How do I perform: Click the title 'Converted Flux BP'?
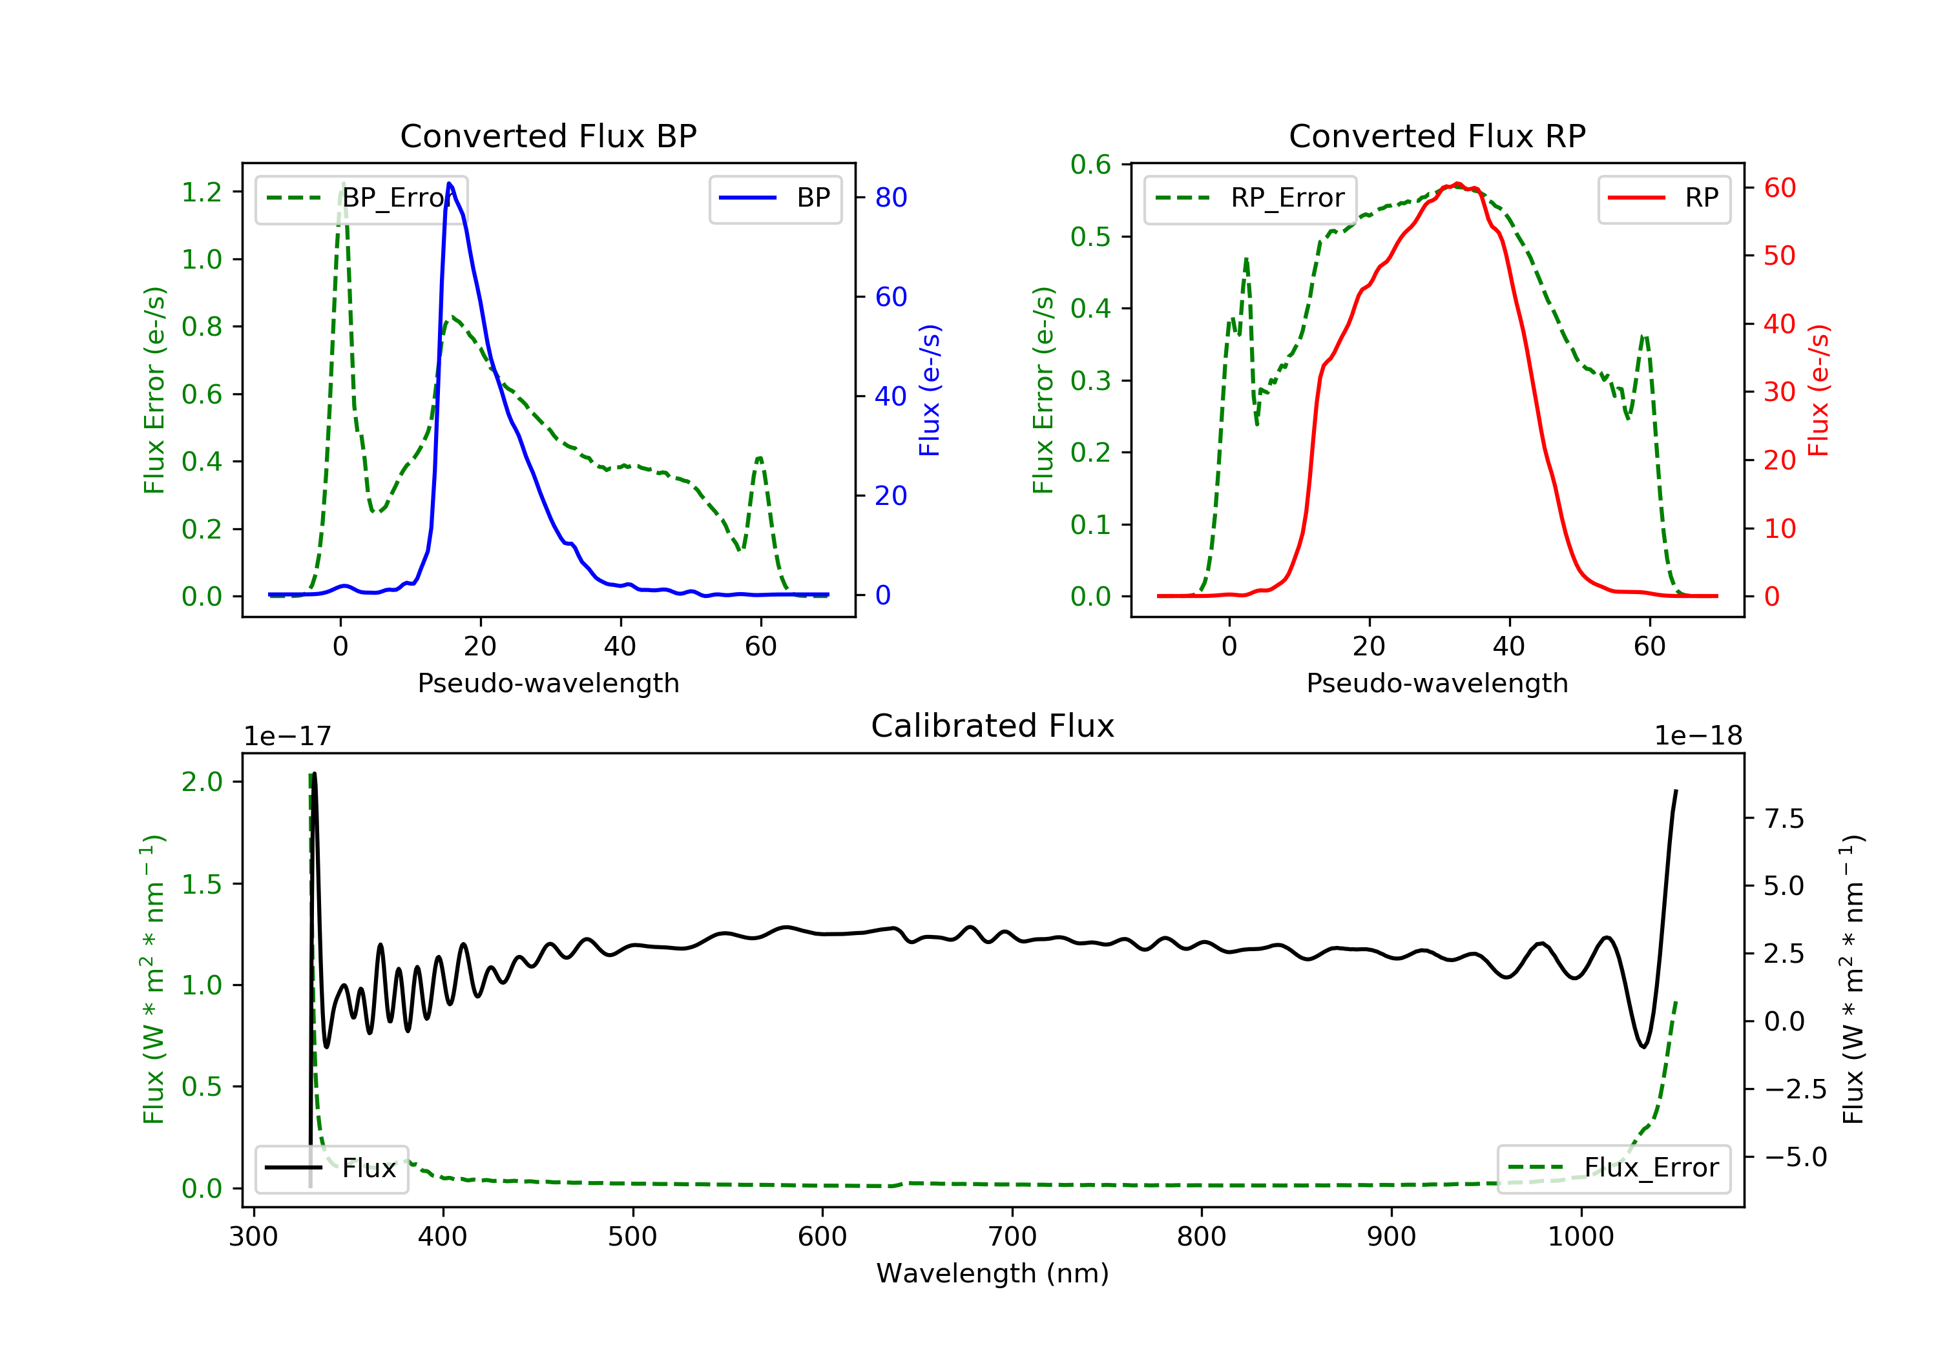[x=548, y=136]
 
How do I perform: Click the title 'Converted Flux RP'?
[x=1437, y=136]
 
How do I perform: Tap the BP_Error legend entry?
[x=361, y=198]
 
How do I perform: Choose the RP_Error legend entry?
[x=1250, y=198]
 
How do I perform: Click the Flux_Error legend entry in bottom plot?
[x=1613, y=1168]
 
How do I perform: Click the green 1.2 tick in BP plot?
[x=202, y=192]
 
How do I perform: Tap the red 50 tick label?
[x=1779, y=256]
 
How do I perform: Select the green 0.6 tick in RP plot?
[x=1090, y=165]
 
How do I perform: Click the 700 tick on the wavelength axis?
[x=1012, y=1237]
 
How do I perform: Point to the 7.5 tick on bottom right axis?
[x=1784, y=819]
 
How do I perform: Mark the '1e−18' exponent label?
[x=1698, y=737]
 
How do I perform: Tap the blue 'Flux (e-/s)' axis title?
[x=930, y=391]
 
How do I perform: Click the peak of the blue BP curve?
[x=449, y=183]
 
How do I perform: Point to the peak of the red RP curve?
[x=1458, y=184]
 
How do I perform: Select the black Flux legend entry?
[x=332, y=1168]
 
